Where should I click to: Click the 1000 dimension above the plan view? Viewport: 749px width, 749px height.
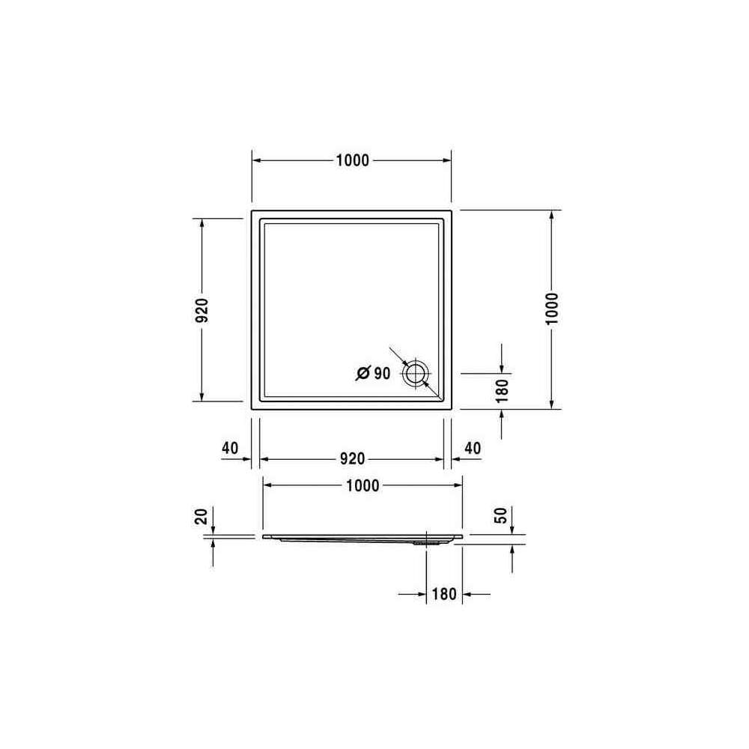(x=353, y=160)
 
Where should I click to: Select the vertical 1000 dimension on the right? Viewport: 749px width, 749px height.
(x=552, y=309)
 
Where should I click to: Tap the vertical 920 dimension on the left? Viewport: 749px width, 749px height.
(x=202, y=310)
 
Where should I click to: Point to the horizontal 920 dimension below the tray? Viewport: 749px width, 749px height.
(x=353, y=458)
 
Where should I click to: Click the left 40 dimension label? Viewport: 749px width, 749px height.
(x=230, y=448)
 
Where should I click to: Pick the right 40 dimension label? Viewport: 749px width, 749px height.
(x=473, y=448)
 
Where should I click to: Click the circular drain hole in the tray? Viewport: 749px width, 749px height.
(x=416, y=373)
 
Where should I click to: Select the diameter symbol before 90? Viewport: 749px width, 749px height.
(x=363, y=373)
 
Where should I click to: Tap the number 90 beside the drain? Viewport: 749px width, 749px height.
(x=382, y=373)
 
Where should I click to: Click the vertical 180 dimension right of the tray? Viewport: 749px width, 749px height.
(x=502, y=390)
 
